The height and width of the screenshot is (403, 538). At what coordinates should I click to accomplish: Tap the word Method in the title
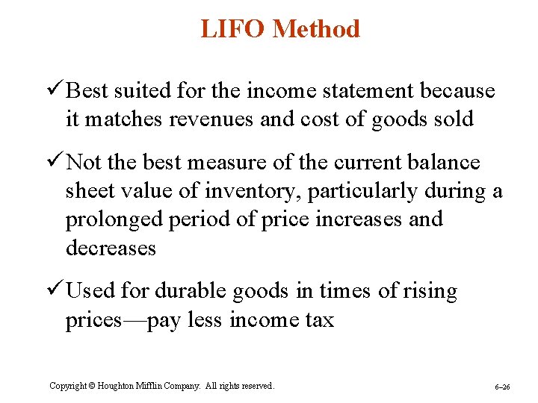(316, 29)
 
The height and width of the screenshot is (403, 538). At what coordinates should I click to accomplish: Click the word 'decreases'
(111, 248)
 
